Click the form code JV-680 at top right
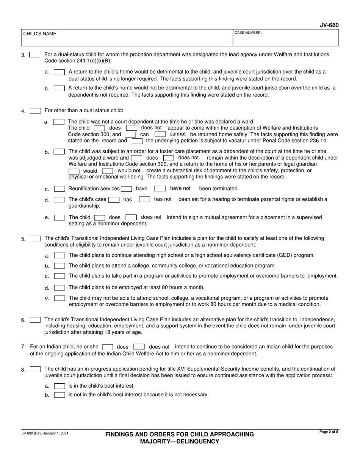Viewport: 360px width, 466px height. point(329,25)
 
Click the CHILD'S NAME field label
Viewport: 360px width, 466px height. point(41,34)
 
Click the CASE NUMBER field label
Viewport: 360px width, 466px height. point(248,33)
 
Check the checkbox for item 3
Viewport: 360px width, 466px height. point(34,55)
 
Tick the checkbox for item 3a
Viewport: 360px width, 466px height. point(59,72)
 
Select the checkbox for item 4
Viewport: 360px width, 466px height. point(35,111)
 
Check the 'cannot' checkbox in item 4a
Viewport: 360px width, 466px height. point(160,134)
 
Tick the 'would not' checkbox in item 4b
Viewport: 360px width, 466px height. point(107,171)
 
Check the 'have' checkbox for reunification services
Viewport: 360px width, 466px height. point(127,189)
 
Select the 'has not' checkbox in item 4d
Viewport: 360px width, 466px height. point(144,199)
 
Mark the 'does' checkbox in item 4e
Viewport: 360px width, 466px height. point(100,217)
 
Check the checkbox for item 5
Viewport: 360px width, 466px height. point(35,239)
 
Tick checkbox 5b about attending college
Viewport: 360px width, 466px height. point(59,266)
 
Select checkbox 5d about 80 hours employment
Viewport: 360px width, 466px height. point(59,288)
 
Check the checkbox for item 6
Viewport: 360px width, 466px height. point(35,320)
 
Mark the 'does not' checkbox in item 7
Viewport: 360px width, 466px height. point(139,347)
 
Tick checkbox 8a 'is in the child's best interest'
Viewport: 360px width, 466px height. point(59,386)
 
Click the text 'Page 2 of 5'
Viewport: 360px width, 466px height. point(329,432)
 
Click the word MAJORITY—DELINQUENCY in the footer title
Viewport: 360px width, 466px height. point(180,441)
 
